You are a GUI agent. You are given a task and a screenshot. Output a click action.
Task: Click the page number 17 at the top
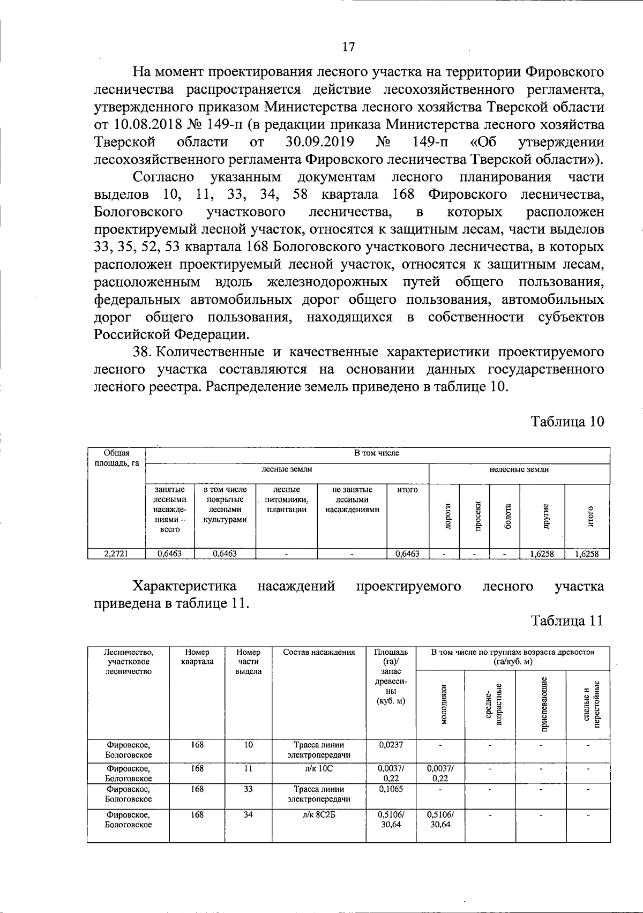coord(348,47)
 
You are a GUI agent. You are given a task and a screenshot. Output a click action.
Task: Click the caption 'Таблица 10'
coord(567,421)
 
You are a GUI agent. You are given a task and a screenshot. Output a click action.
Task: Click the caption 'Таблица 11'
coord(567,620)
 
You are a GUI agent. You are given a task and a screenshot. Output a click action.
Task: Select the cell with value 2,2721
coord(116,554)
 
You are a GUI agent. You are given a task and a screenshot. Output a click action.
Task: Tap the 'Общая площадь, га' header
coord(116,458)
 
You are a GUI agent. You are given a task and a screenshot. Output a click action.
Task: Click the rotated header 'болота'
coord(505,516)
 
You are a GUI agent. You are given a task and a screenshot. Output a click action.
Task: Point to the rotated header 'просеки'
coord(475,516)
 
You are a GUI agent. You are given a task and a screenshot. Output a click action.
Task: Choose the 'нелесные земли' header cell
coord(519,469)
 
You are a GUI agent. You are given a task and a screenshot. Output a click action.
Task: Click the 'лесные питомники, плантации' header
coord(287,499)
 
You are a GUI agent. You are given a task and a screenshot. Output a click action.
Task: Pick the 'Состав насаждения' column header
coord(318,653)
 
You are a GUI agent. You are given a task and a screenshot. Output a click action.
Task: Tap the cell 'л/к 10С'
coord(318,769)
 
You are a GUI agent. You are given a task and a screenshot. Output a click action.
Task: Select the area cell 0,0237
coord(391,745)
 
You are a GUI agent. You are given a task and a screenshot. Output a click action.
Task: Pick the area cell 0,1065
coord(391,789)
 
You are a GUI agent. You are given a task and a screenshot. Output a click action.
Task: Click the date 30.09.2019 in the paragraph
coord(318,143)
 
